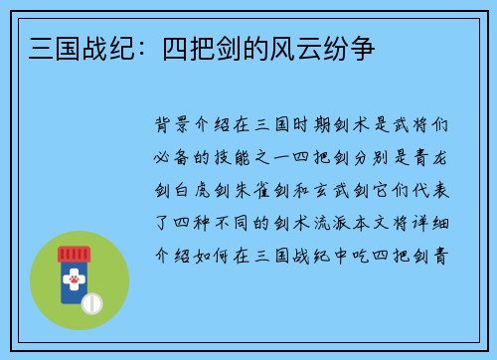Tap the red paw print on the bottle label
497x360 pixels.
point(74,282)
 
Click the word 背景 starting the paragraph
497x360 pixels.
point(175,126)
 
